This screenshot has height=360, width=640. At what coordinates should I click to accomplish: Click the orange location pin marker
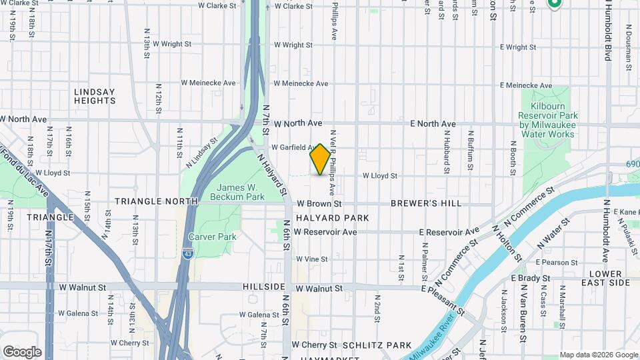pyautogui.click(x=320, y=159)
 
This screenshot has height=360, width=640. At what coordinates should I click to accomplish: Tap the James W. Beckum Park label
pyautogui.click(x=237, y=191)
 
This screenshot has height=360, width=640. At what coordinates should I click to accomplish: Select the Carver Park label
pyautogui.click(x=212, y=237)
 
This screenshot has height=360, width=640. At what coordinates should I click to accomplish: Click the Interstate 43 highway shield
pyautogui.click(x=188, y=254)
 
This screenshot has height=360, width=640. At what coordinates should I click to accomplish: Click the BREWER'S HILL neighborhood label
pyautogui.click(x=427, y=203)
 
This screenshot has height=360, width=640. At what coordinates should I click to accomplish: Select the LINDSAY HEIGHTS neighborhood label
pyautogui.click(x=95, y=96)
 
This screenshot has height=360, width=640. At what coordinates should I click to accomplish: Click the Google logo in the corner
pyautogui.click(x=22, y=352)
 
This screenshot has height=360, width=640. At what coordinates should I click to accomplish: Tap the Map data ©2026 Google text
pyautogui.click(x=598, y=355)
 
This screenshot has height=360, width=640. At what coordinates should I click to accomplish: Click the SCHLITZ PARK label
pyautogui.click(x=377, y=345)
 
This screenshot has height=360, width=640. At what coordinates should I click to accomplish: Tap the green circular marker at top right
pyautogui.click(x=555, y=3)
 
